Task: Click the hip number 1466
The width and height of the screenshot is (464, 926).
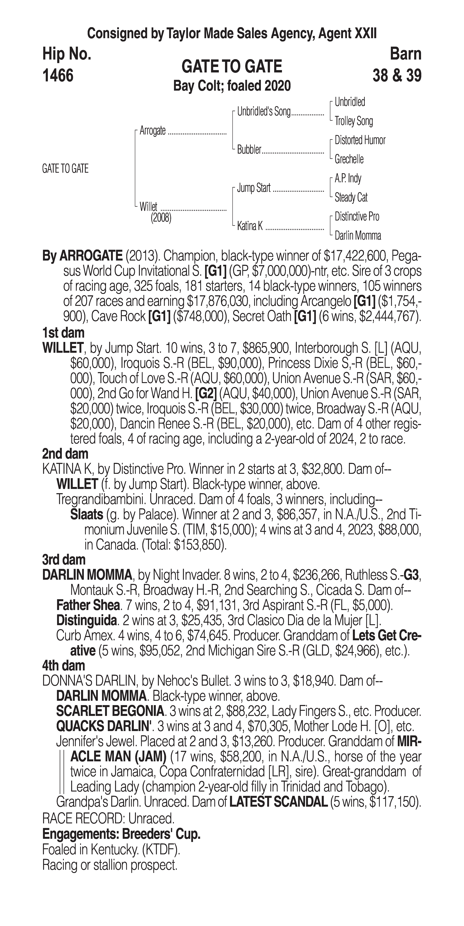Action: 58,76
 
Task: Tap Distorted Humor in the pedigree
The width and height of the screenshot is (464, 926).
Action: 360,140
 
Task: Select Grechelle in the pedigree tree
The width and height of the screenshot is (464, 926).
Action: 349,159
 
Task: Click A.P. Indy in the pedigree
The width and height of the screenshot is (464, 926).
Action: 348,178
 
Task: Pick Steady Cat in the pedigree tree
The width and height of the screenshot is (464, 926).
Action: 351,197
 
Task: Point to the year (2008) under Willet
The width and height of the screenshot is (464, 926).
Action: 161,218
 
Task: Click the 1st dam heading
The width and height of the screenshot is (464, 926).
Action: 63,333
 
